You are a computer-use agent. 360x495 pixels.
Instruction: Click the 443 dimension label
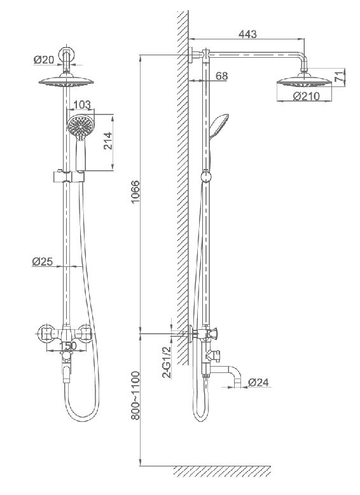(x=247, y=34)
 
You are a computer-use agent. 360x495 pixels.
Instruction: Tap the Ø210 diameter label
(x=306, y=96)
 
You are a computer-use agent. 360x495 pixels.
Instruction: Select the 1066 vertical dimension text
(x=135, y=192)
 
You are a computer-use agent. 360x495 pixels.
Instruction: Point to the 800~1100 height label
(x=135, y=396)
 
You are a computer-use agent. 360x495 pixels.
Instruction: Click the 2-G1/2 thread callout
(x=166, y=362)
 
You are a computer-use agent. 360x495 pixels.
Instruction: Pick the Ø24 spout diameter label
(x=258, y=383)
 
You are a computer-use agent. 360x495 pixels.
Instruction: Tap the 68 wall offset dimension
(x=221, y=76)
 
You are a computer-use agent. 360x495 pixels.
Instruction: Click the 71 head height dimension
(x=338, y=77)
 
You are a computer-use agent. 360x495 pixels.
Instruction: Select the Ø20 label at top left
(x=44, y=59)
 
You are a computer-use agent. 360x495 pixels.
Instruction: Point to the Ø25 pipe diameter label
(x=42, y=261)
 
